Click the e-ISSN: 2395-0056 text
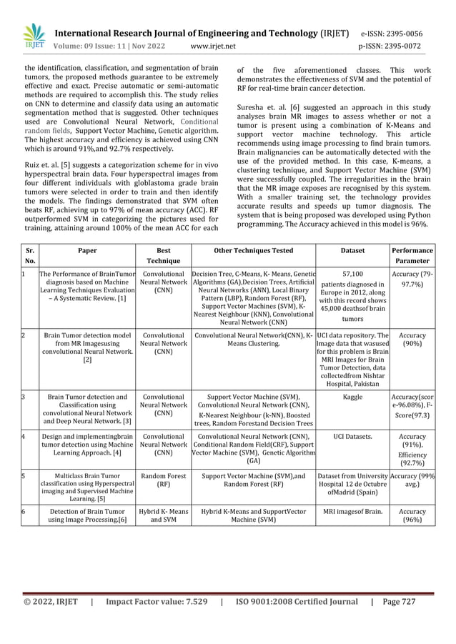click(401, 34)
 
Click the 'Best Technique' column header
click(163, 256)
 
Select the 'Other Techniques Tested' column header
click(253, 251)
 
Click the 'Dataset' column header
click(352, 251)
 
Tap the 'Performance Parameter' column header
click(412, 256)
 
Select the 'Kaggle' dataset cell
click(352, 397)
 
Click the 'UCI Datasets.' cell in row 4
click(352, 435)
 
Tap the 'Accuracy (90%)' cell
click(412, 340)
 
